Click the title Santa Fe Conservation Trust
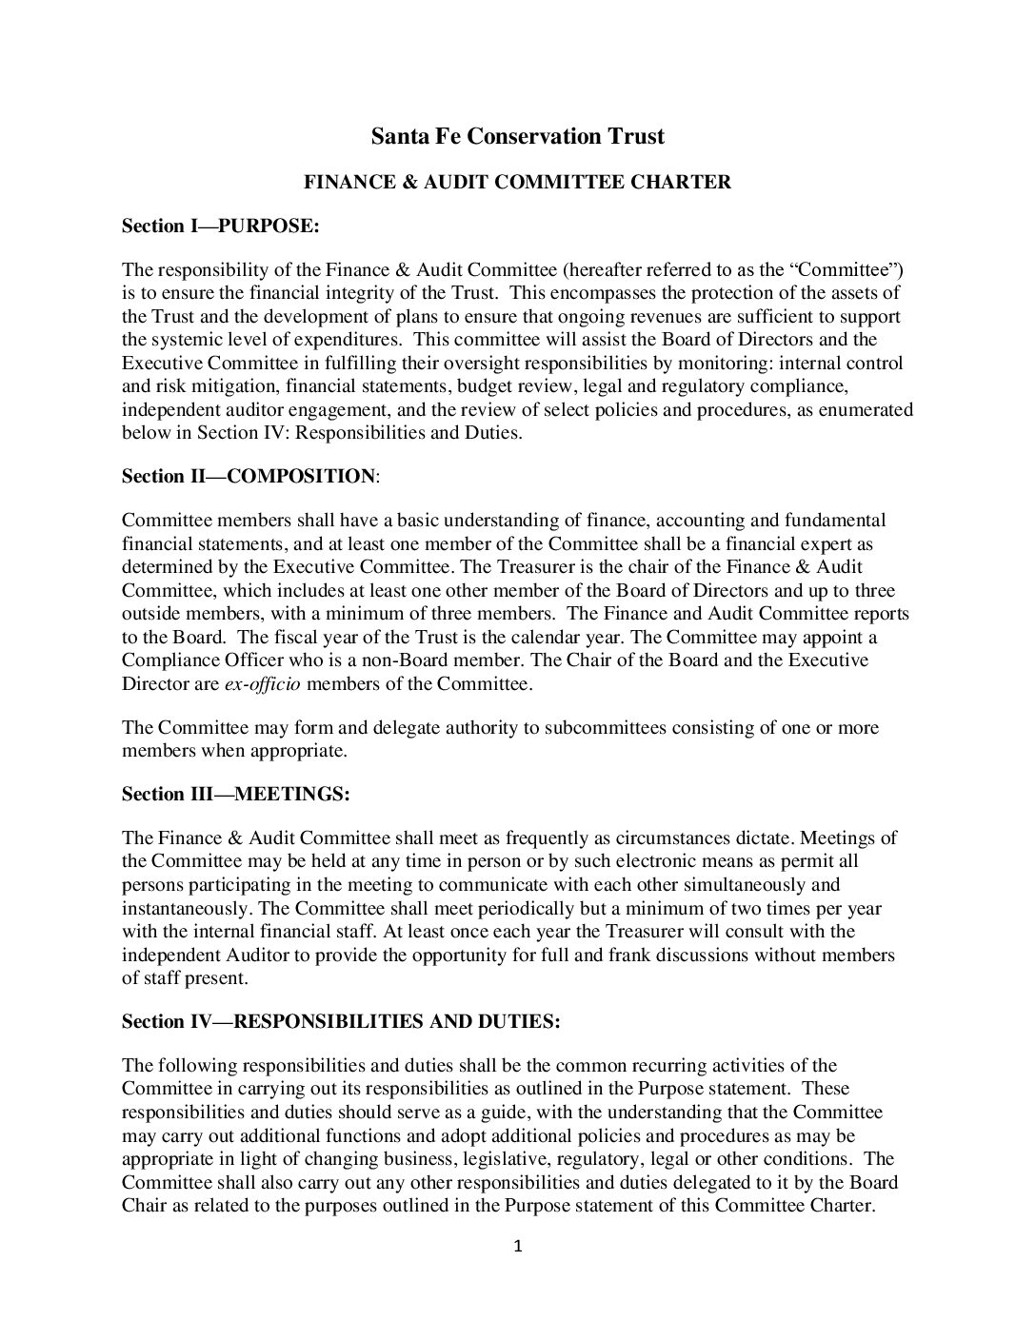[x=517, y=137]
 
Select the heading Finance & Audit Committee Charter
[x=517, y=182]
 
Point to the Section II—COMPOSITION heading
[x=250, y=476]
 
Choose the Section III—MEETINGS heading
[x=236, y=794]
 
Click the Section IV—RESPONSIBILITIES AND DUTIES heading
[x=341, y=1021]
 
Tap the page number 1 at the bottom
[x=518, y=1246]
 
